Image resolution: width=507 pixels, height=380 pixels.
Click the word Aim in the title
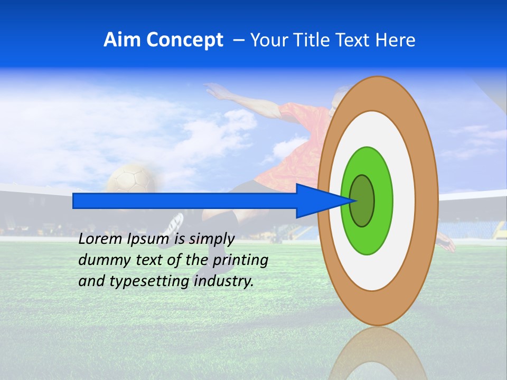(123, 40)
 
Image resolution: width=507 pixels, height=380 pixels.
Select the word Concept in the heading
(184, 40)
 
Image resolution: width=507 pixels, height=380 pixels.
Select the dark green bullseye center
(362, 201)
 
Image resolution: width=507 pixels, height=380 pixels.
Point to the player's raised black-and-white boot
(173, 225)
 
